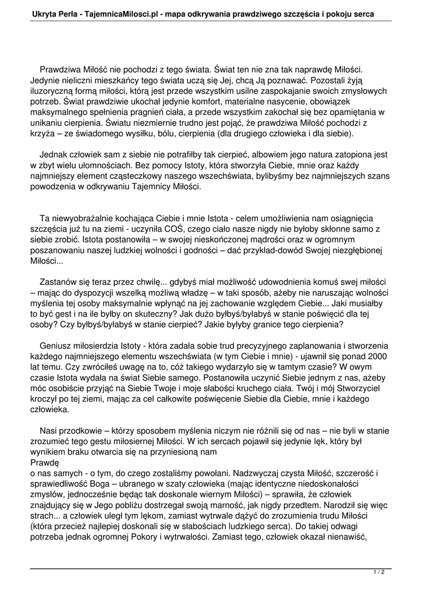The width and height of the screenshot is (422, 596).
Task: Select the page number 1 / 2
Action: tap(379, 572)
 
